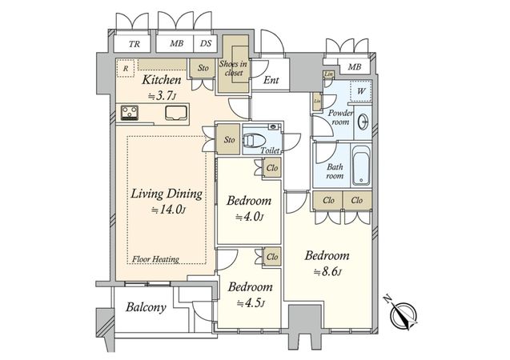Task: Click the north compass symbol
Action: pos(403,313)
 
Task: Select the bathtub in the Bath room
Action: pos(361,166)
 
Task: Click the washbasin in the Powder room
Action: pos(363,122)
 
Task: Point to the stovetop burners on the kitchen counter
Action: pos(130,113)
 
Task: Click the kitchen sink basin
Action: pos(176,113)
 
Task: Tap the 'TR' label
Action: pos(135,44)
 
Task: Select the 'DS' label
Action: pos(206,43)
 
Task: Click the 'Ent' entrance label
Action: pos(271,80)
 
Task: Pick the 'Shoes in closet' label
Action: pos(233,68)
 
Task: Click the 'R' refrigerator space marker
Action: pos(126,69)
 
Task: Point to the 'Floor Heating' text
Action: pos(156,259)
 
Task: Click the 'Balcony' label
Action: pos(146,307)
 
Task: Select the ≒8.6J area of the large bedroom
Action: pos(327,272)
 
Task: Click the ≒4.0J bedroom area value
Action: pos(249,217)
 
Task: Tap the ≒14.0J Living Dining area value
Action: pos(168,210)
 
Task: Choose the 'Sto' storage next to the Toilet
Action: pos(229,140)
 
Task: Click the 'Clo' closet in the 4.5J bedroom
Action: pos(272,257)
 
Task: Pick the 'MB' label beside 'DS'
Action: pos(177,43)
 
